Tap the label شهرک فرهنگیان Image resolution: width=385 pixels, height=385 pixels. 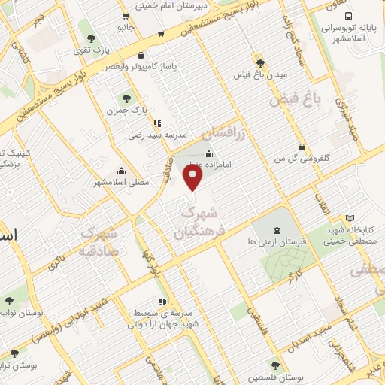pos(199,223)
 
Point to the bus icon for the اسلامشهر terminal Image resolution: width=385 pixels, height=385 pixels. pos(347,16)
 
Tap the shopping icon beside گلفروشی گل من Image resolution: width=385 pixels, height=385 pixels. pos(302,147)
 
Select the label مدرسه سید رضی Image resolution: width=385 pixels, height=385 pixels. pos(150,135)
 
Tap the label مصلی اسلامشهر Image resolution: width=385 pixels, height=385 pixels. pos(122,182)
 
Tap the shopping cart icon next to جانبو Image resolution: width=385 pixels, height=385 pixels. pos(161,34)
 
